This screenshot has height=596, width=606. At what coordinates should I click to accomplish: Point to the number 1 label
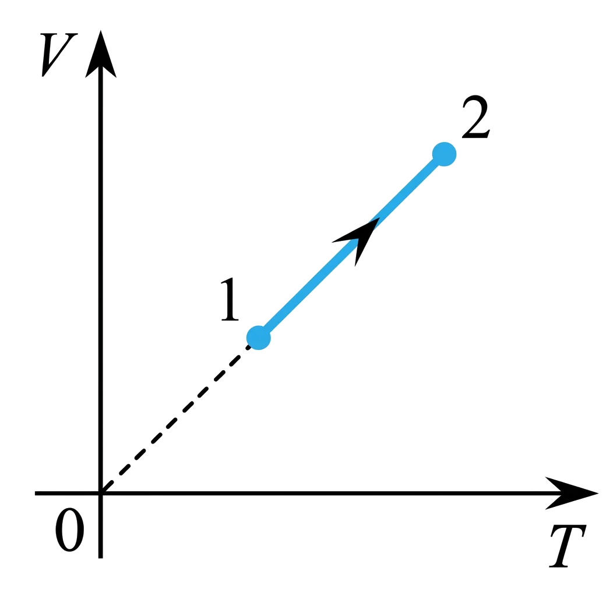point(230,301)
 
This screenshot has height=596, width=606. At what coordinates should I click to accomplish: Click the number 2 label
point(475,118)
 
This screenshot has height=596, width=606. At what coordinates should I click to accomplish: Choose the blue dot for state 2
point(444,154)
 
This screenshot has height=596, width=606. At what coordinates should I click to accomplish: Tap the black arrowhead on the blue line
point(360,237)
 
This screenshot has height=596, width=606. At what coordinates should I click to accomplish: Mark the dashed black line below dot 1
point(181,414)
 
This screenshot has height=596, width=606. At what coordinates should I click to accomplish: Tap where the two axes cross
point(101,492)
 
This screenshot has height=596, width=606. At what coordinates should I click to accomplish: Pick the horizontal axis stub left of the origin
point(64,492)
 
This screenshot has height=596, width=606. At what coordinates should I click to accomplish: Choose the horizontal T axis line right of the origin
point(326,493)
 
